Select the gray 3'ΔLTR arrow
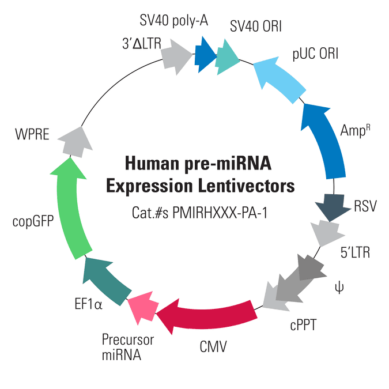pyautogui.click(x=176, y=57)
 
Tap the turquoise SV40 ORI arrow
pyautogui.click(x=226, y=57)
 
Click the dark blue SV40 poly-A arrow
pyautogui.click(x=205, y=55)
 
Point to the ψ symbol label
pyautogui.click(x=339, y=288)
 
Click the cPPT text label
pyautogui.click(x=303, y=325)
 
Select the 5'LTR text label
pyautogui.click(x=355, y=252)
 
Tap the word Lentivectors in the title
pyautogui.click(x=246, y=186)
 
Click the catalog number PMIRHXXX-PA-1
pyautogui.click(x=220, y=213)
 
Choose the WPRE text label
pyautogui.click(x=32, y=134)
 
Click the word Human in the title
pyautogui.click(x=152, y=163)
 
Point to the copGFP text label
pyautogui.click(x=33, y=221)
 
